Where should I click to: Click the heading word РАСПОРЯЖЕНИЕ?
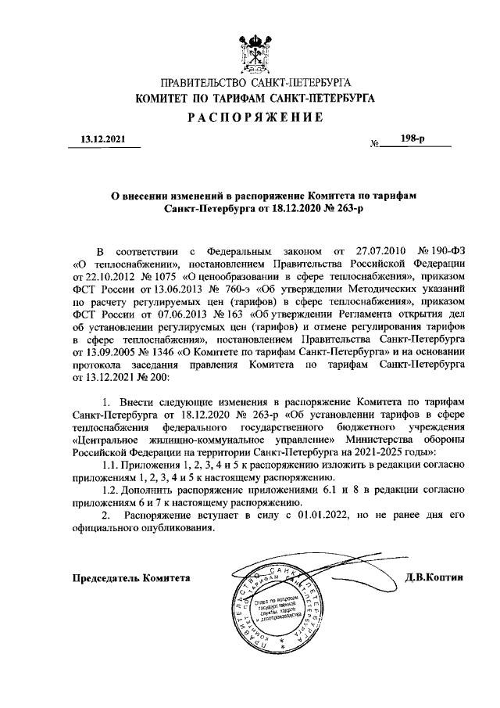(x=255, y=117)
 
